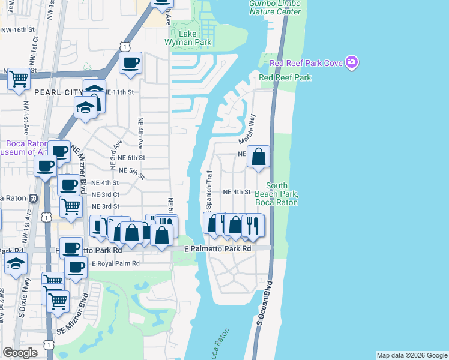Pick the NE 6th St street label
pyautogui.click(x=132, y=157)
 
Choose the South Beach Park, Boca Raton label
pyautogui.click(x=277, y=194)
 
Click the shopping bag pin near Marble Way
pyautogui.click(x=258, y=157)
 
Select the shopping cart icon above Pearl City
pyautogui.click(x=19, y=78)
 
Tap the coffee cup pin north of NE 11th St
pyautogui.click(x=130, y=62)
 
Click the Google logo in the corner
pyautogui.click(x=20, y=353)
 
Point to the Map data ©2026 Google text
pyautogui.click(x=411, y=355)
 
